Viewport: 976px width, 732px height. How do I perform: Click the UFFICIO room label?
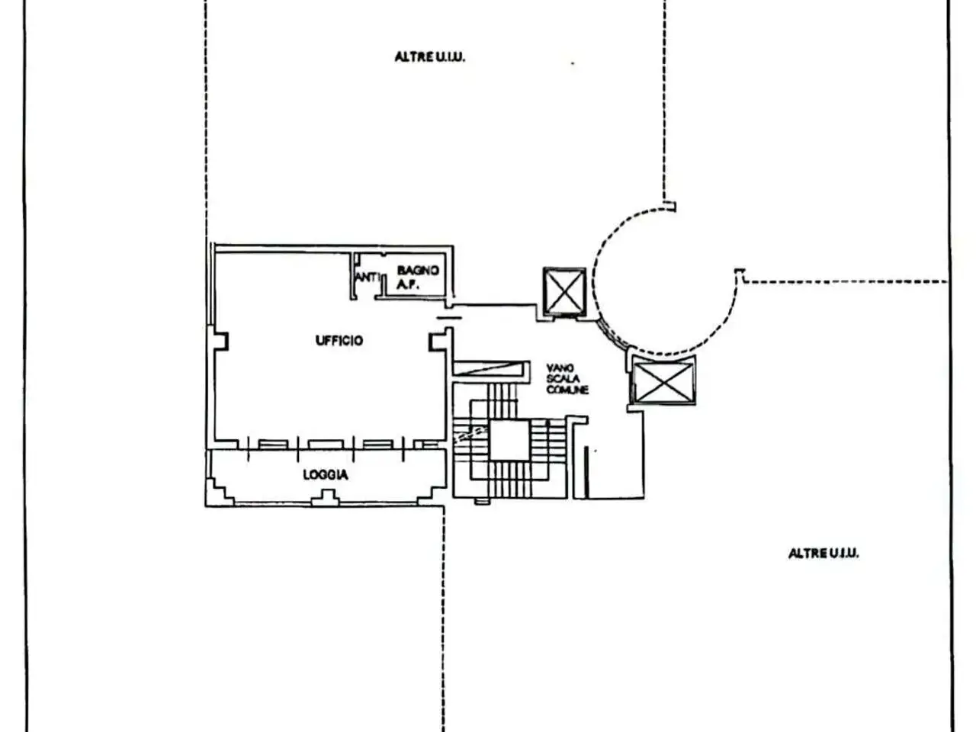click(x=339, y=340)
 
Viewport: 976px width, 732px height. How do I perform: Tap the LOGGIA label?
click(x=326, y=475)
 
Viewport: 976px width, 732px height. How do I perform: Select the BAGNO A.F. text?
click(x=418, y=278)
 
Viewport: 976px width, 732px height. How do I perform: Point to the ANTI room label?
click(x=367, y=278)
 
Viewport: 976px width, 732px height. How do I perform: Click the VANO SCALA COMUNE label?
click(x=567, y=379)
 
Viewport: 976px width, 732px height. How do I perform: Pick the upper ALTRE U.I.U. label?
click(x=430, y=57)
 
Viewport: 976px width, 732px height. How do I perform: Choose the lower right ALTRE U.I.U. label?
click(x=823, y=554)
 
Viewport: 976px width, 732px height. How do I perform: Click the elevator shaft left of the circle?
click(x=564, y=291)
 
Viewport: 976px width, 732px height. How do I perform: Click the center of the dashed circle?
click(x=665, y=281)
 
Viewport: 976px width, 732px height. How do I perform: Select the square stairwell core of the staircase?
click(x=509, y=441)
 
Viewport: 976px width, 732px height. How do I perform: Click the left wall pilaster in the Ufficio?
click(x=221, y=341)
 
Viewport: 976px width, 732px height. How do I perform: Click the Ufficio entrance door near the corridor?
click(x=449, y=317)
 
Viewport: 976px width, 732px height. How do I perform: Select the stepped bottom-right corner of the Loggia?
click(x=431, y=493)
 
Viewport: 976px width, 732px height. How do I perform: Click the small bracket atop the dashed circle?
click(x=669, y=206)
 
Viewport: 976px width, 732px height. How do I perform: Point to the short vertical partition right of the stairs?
click(x=586, y=473)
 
